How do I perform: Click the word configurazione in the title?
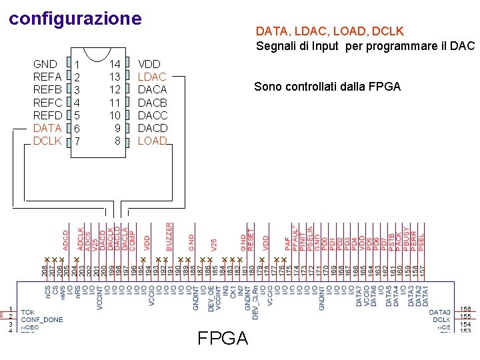tap(75, 18)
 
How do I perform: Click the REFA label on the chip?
tap(47, 77)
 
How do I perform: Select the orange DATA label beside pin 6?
tap(47, 127)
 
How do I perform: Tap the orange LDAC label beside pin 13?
tap(152, 77)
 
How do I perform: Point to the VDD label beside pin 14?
tap(149, 64)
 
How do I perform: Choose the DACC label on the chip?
tap(152, 115)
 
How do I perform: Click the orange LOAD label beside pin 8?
tap(152, 141)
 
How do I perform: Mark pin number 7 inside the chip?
tap(77, 142)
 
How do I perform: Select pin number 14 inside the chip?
tap(115, 64)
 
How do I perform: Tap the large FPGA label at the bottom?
tap(223, 338)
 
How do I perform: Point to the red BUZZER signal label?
tap(169, 237)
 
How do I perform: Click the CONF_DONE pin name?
tap(42, 319)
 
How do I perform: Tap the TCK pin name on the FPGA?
tap(28, 312)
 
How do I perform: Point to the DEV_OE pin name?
tap(211, 294)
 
